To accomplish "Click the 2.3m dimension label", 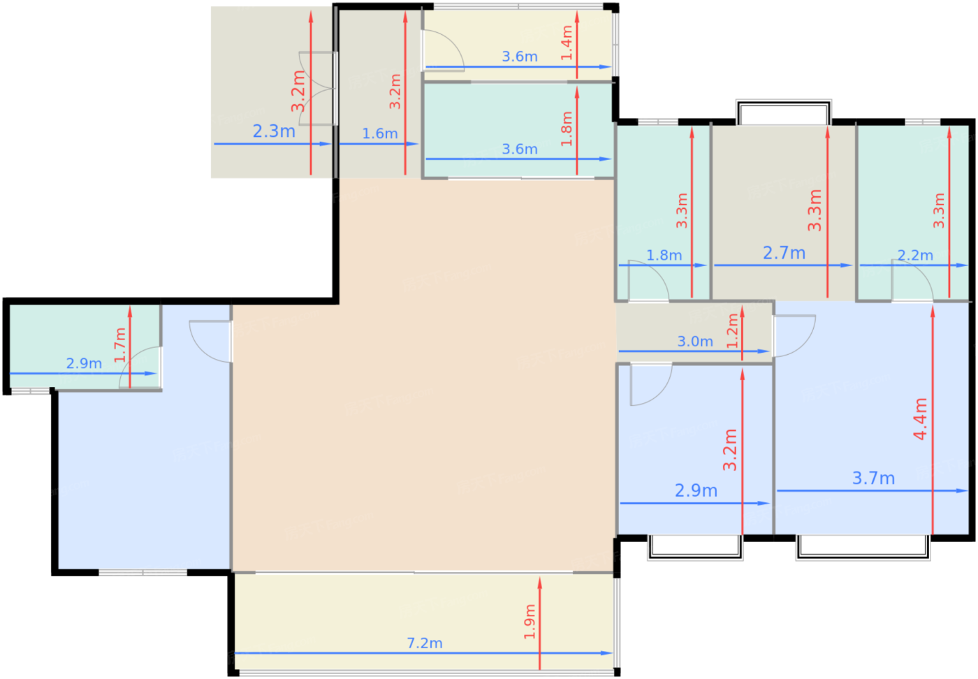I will [274, 131].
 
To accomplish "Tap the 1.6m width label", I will [379, 133].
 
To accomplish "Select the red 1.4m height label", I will [567, 43].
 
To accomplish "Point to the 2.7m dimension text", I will [784, 253].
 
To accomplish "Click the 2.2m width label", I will [915, 255].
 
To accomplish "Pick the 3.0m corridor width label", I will [695, 341].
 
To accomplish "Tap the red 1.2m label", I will [732, 330].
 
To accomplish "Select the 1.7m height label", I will [120, 344].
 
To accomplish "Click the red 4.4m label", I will [920, 418].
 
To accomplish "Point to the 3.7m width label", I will [873, 479].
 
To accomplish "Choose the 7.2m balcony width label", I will [425, 643].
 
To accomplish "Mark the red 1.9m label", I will [530, 621].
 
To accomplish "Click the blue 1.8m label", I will [664, 255].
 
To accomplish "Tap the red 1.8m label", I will [567, 129].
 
